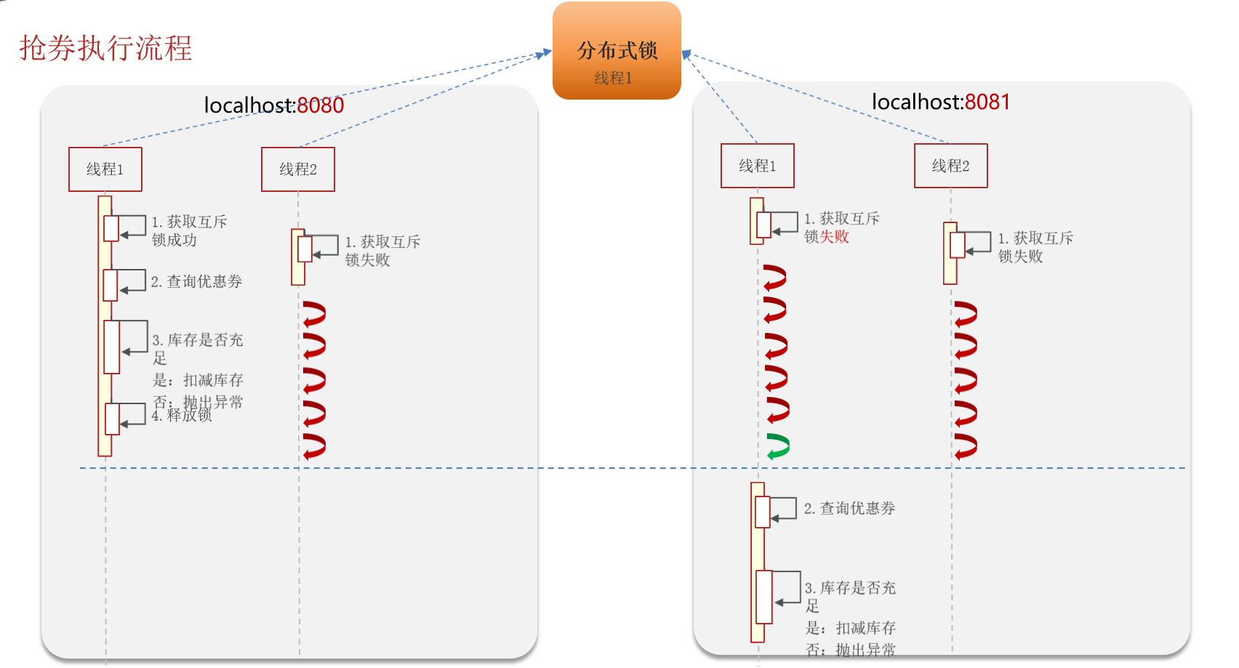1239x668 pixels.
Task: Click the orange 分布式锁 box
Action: point(617,50)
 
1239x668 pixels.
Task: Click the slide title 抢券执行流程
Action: point(105,49)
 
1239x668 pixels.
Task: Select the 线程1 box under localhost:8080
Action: point(105,169)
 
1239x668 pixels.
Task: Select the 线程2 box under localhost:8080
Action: point(298,169)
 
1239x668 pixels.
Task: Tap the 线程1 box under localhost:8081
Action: point(757,166)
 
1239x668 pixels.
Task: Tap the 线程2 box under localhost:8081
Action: point(950,166)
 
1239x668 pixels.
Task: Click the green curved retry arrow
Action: point(778,446)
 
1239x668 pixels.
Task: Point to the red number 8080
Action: point(320,105)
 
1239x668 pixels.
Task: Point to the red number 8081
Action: point(987,102)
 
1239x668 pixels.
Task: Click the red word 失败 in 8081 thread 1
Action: point(835,237)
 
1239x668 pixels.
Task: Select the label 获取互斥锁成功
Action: point(189,230)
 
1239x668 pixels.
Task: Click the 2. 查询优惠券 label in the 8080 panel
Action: point(196,281)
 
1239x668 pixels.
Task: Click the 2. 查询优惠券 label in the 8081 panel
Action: point(849,509)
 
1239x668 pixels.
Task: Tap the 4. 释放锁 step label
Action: point(182,416)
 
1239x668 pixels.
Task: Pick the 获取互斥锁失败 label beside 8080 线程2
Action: point(382,251)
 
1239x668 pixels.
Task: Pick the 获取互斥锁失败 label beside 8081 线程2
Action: point(1035,247)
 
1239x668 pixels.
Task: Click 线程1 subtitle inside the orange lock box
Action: point(613,78)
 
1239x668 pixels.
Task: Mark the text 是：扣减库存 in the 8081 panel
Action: point(851,628)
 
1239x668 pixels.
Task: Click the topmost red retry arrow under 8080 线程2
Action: point(314,314)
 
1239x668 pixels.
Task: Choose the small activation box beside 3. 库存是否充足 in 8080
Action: point(111,347)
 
